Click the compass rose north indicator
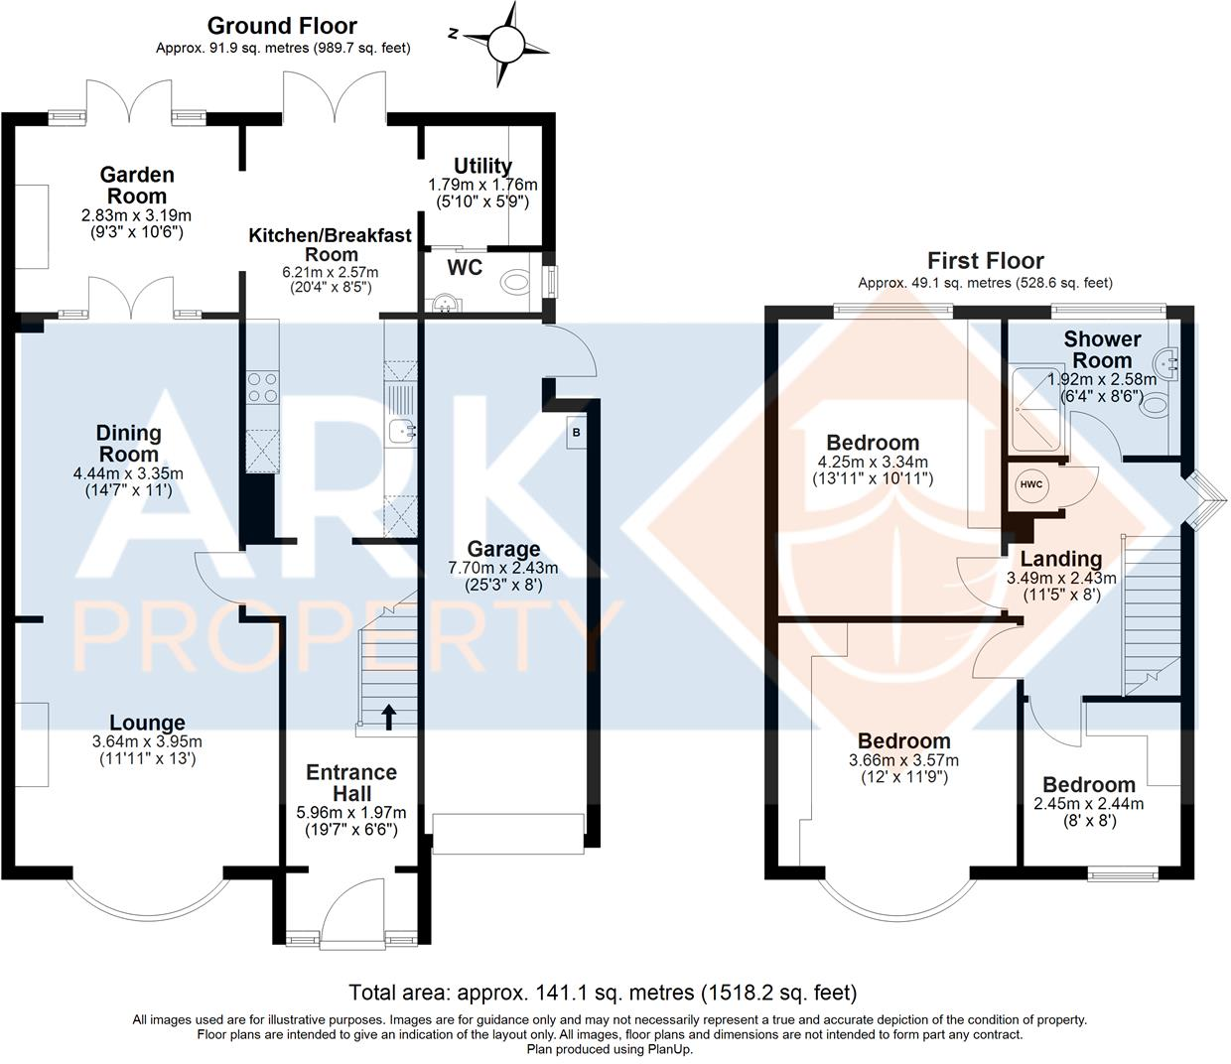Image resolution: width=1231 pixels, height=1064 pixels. (x=505, y=43)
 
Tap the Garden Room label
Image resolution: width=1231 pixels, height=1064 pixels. (x=137, y=186)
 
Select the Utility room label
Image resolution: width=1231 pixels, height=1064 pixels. (x=482, y=166)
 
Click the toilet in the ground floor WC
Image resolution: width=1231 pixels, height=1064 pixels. (x=517, y=283)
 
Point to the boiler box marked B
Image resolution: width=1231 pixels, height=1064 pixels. (x=575, y=434)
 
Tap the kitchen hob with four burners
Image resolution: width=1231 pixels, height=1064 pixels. (x=260, y=386)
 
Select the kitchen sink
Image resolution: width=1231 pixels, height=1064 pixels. (x=403, y=430)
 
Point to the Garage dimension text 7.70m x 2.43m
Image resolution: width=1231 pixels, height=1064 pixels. (x=504, y=568)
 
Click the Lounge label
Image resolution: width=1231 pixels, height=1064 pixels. (x=147, y=724)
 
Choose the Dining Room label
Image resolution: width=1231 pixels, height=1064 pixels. (x=128, y=444)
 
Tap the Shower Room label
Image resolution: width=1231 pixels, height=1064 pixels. (x=1102, y=349)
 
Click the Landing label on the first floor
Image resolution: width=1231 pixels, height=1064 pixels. (x=1061, y=559)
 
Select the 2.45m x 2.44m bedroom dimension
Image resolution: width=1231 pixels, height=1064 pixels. (x=1088, y=804)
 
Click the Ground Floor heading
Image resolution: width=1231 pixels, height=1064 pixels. (x=282, y=26)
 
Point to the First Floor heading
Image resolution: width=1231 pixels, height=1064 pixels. (x=985, y=261)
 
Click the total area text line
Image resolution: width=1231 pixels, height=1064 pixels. (x=602, y=992)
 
